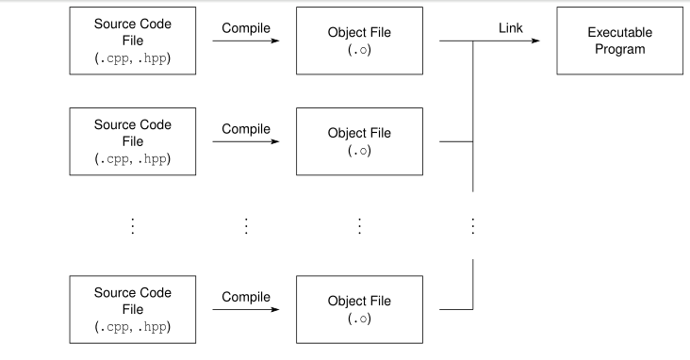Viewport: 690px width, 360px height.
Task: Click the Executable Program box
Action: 619,41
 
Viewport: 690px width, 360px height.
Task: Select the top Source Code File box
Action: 133,41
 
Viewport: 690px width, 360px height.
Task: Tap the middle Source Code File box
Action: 133,141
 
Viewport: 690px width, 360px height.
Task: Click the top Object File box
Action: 359,41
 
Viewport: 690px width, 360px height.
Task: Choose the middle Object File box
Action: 359,141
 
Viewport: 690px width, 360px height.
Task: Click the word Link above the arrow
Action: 510,28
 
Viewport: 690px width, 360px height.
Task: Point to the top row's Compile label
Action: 246,28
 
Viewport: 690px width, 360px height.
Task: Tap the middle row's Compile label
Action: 246,129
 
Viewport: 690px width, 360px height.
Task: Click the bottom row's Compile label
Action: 246,297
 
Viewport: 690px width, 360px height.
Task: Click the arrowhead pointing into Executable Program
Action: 535,41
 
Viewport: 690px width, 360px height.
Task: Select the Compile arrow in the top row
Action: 246,41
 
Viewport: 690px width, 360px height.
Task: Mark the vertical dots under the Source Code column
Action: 133,225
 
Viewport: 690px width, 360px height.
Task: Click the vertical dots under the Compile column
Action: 246,225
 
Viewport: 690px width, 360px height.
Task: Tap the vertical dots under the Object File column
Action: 359,225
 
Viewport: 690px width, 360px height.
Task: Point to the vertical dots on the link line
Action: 472,225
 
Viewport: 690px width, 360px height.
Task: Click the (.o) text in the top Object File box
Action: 359,50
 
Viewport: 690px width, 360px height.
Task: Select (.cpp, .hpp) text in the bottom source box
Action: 133,327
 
